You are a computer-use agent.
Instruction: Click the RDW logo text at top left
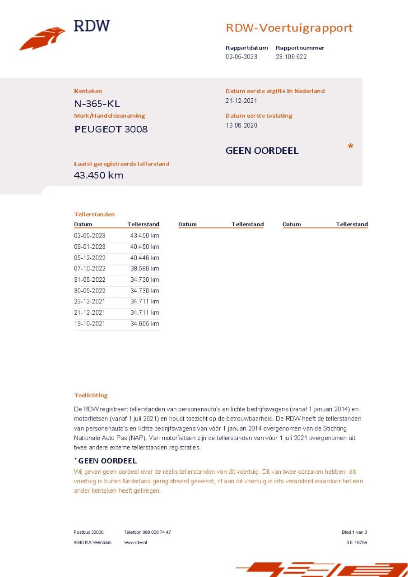tap(92, 26)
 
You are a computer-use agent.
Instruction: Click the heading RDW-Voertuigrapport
tap(289, 28)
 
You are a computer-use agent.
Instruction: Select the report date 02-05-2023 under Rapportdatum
tap(241, 57)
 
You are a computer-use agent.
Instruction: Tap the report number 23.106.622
tap(291, 57)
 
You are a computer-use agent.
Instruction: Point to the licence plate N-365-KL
tap(97, 104)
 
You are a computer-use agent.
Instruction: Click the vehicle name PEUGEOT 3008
tap(111, 129)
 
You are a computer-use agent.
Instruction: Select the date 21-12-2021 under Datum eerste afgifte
tap(241, 101)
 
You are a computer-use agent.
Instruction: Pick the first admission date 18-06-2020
tap(241, 125)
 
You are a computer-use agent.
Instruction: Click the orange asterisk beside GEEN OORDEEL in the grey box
tap(350, 147)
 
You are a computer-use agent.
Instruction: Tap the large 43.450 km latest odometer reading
tap(99, 175)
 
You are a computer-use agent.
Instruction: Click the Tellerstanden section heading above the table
tap(94, 215)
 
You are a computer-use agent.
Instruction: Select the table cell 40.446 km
tap(144, 258)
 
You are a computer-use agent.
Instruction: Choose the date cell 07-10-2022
tap(89, 269)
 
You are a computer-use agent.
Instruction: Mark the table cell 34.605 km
tap(144, 324)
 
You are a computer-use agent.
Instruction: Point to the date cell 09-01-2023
tap(89, 247)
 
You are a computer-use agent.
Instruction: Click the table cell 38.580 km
tap(144, 269)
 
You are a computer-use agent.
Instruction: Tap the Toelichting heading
tap(91, 395)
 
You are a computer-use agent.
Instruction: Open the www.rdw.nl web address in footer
tap(135, 542)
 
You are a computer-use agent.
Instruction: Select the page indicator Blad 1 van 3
tap(354, 532)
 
